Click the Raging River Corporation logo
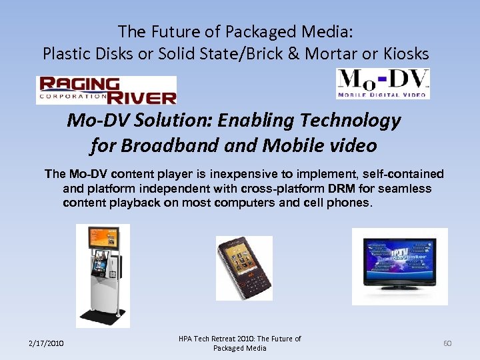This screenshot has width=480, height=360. pos(106,90)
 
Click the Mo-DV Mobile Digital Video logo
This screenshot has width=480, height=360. pos(383,83)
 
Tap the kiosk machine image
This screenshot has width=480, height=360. pos(102,275)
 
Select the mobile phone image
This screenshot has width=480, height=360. pos(243,267)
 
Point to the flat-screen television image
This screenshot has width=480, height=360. pos(399,266)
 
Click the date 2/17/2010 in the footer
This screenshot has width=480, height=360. pos(46,343)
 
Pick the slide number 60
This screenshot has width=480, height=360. pos(447,343)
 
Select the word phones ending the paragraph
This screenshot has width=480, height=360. pos(349,203)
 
